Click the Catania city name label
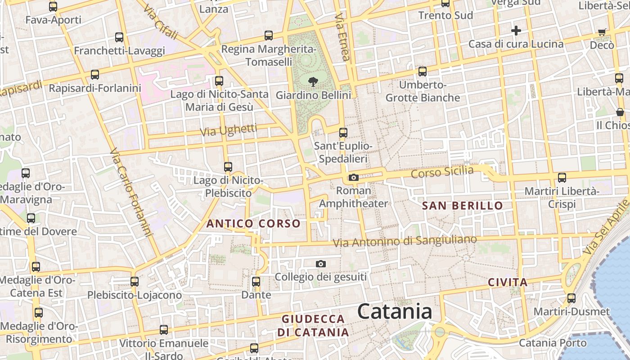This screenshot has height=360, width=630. (395, 311)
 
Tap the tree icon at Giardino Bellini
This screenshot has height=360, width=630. (313, 82)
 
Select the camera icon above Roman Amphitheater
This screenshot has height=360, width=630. (354, 177)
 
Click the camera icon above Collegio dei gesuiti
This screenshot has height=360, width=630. (320, 264)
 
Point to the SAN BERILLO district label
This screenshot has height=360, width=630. (463, 206)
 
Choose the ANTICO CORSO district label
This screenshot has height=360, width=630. (253, 224)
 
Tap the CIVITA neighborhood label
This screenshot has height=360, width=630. (508, 283)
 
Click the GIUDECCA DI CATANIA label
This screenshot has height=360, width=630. (313, 326)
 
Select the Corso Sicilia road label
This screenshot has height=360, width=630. (442, 172)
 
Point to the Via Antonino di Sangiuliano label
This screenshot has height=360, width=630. (405, 241)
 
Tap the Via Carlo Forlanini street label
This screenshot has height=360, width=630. (130, 192)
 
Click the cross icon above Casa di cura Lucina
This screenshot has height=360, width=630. (516, 31)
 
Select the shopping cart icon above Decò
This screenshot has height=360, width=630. (602, 32)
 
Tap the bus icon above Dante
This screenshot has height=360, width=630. (256, 282)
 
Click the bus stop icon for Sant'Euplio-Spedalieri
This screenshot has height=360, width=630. (343, 133)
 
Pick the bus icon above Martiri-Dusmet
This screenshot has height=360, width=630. (571, 298)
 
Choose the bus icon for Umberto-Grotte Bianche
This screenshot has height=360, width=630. (422, 71)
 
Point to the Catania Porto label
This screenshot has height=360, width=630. (553, 343)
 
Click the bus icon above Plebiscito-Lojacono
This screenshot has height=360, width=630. (134, 282)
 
